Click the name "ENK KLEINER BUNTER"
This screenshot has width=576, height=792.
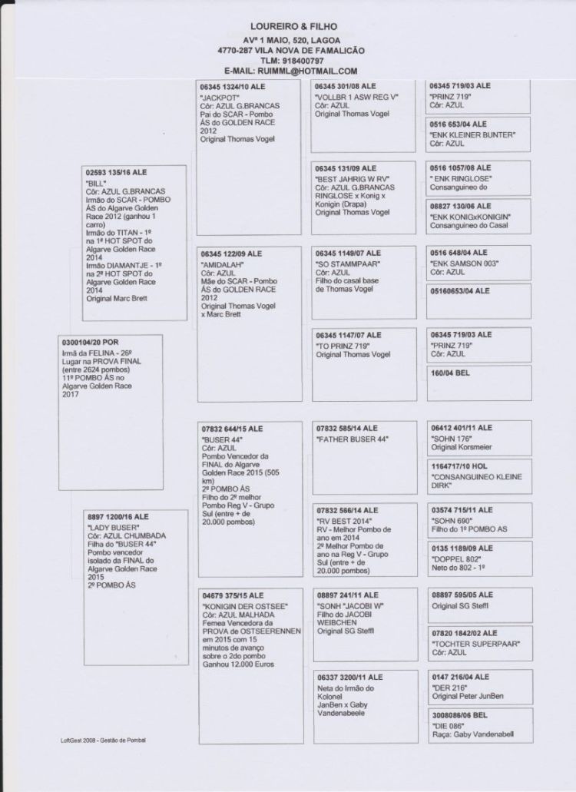pos(472,134)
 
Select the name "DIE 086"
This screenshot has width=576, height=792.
pos(445,725)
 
